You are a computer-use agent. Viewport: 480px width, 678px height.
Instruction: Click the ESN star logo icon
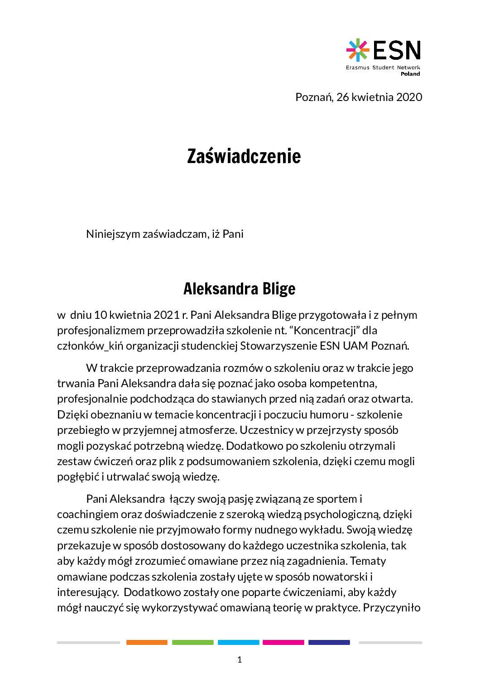[358, 50]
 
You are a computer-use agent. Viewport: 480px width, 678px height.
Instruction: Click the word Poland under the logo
[410, 74]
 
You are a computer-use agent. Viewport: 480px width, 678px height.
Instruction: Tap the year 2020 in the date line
[409, 97]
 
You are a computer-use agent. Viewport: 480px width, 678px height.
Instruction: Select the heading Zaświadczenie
[244, 156]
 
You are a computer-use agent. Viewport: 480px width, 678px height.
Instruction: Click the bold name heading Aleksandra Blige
[239, 289]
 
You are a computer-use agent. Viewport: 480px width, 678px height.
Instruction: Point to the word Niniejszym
[113, 234]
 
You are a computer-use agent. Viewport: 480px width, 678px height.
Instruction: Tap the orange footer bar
[147, 642]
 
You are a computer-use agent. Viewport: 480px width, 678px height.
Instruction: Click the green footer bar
[192, 642]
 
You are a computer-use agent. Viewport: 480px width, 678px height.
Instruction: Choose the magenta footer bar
[283, 642]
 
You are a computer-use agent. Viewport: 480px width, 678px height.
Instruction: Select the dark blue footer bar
[329, 642]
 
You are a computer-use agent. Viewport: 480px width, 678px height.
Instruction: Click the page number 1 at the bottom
[240, 660]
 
